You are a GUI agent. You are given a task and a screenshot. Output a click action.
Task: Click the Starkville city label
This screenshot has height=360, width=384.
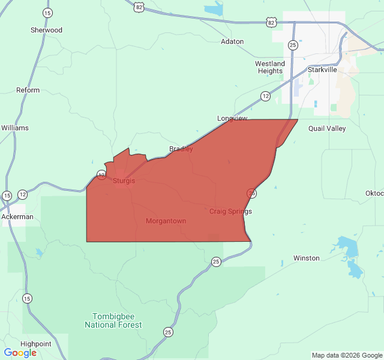point(322,70)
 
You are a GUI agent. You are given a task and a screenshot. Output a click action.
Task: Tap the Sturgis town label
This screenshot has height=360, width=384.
point(124,181)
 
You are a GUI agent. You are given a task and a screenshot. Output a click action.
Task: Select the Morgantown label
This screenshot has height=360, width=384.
point(166,221)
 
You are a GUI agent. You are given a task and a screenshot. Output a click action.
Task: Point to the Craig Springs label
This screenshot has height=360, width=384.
point(230,211)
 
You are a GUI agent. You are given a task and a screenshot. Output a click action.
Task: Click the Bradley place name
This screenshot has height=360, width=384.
point(181,149)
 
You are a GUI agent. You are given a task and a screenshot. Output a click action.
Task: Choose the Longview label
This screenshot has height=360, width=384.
point(232,119)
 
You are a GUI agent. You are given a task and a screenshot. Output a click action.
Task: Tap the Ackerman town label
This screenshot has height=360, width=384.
point(17,217)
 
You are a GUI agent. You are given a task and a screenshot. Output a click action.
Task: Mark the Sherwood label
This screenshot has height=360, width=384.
point(46,30)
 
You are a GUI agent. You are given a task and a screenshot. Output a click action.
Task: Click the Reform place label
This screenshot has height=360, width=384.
point(28,91)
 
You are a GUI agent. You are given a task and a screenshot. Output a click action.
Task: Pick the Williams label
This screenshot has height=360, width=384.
point(15,128)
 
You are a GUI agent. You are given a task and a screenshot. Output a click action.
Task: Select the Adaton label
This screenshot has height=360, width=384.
point(232,41)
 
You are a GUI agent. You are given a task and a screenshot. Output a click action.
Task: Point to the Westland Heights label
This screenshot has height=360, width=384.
point(270,67)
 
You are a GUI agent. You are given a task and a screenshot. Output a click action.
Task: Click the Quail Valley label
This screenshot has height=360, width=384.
point(327,128)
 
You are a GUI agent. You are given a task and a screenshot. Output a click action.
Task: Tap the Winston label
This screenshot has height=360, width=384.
point(306,258)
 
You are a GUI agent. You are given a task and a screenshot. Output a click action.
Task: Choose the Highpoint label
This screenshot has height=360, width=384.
point(36,344)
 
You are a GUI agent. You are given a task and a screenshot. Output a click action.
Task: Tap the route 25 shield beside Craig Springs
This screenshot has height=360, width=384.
point(252,193)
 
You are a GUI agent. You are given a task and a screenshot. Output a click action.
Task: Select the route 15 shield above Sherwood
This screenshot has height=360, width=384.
point(47,13)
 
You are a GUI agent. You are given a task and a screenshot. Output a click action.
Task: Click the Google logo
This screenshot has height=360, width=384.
point(20,353)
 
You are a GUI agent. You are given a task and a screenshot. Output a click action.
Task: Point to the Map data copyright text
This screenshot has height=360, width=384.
point(346,355)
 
